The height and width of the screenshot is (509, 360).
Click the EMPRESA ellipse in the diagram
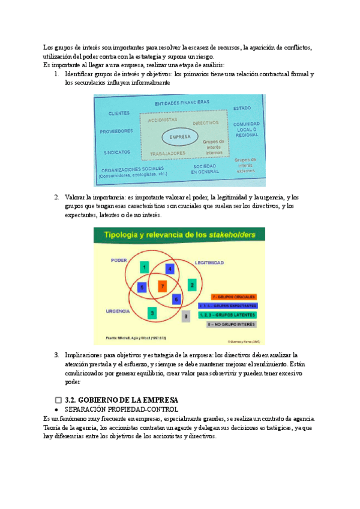(179, 137)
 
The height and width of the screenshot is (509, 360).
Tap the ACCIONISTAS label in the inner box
(163, 120)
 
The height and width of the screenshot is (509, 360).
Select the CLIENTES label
(119, 113)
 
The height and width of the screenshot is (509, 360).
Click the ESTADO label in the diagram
(242, 108)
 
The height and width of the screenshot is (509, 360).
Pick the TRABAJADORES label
(167, 153)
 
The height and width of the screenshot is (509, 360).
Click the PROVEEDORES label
(116, 130)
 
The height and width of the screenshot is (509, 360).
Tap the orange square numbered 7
(161, 286)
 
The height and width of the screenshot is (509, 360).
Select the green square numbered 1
(144, 266)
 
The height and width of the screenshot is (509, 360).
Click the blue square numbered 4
(170, 269)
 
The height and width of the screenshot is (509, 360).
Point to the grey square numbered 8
(186, 316)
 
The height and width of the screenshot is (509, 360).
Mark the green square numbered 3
(152, 313)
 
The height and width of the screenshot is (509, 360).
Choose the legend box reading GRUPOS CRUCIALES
(233, 297)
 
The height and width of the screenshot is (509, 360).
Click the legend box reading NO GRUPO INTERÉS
(233, 325)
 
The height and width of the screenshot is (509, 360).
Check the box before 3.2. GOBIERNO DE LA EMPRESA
(58, 400)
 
